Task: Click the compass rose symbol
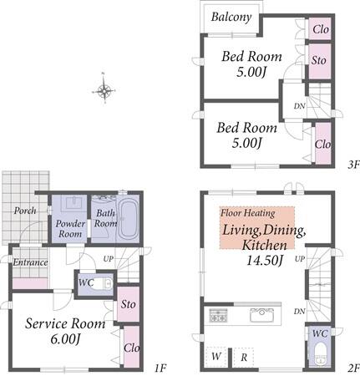click(104, 89)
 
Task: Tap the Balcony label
click(231, 17)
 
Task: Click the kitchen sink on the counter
click(261, 316)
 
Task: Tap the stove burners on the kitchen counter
click(218, 315)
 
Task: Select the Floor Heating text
click(247, 213)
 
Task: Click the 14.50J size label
click(265, 261)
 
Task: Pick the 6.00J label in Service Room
click(65, 339)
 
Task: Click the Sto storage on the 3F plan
click(319, 61)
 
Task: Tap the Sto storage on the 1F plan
click(128, 304)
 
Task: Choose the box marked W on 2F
click(216, 356)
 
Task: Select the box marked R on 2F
click(244, 357)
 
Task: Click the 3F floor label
click(353, 165)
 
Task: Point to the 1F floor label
click(160, 368)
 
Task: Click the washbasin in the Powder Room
click(74, 201)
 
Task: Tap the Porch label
click(25, 211)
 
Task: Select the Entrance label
click(30, 262)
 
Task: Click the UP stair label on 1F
click(109, 259)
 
